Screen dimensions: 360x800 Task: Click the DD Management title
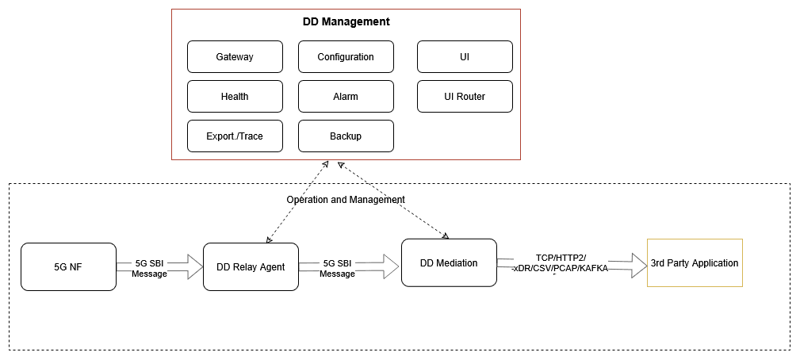pos(346,22)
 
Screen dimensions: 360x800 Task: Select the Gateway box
pos(235,57)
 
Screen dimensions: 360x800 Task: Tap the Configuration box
pos(346,57)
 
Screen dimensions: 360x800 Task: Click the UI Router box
pos(465,97)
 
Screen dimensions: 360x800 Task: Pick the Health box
pos(235,97)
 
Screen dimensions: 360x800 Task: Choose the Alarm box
pos(346,97)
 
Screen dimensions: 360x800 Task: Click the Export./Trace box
pos(235,136)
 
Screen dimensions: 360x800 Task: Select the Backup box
pos(346,136)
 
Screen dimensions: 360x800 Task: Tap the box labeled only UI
pos(465,57)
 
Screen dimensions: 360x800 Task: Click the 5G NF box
pos(68,267)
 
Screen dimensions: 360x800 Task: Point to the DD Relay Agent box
pos(251,267)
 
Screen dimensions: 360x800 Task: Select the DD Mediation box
pos(449,263)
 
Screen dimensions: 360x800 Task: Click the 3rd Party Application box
pos(695,263)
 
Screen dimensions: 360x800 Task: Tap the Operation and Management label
pos(346,200)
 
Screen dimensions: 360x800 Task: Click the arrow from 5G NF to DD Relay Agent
pos(190,267)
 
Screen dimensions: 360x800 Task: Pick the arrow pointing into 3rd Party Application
pos(630,265)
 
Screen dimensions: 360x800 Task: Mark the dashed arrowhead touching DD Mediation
pos(446,236)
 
